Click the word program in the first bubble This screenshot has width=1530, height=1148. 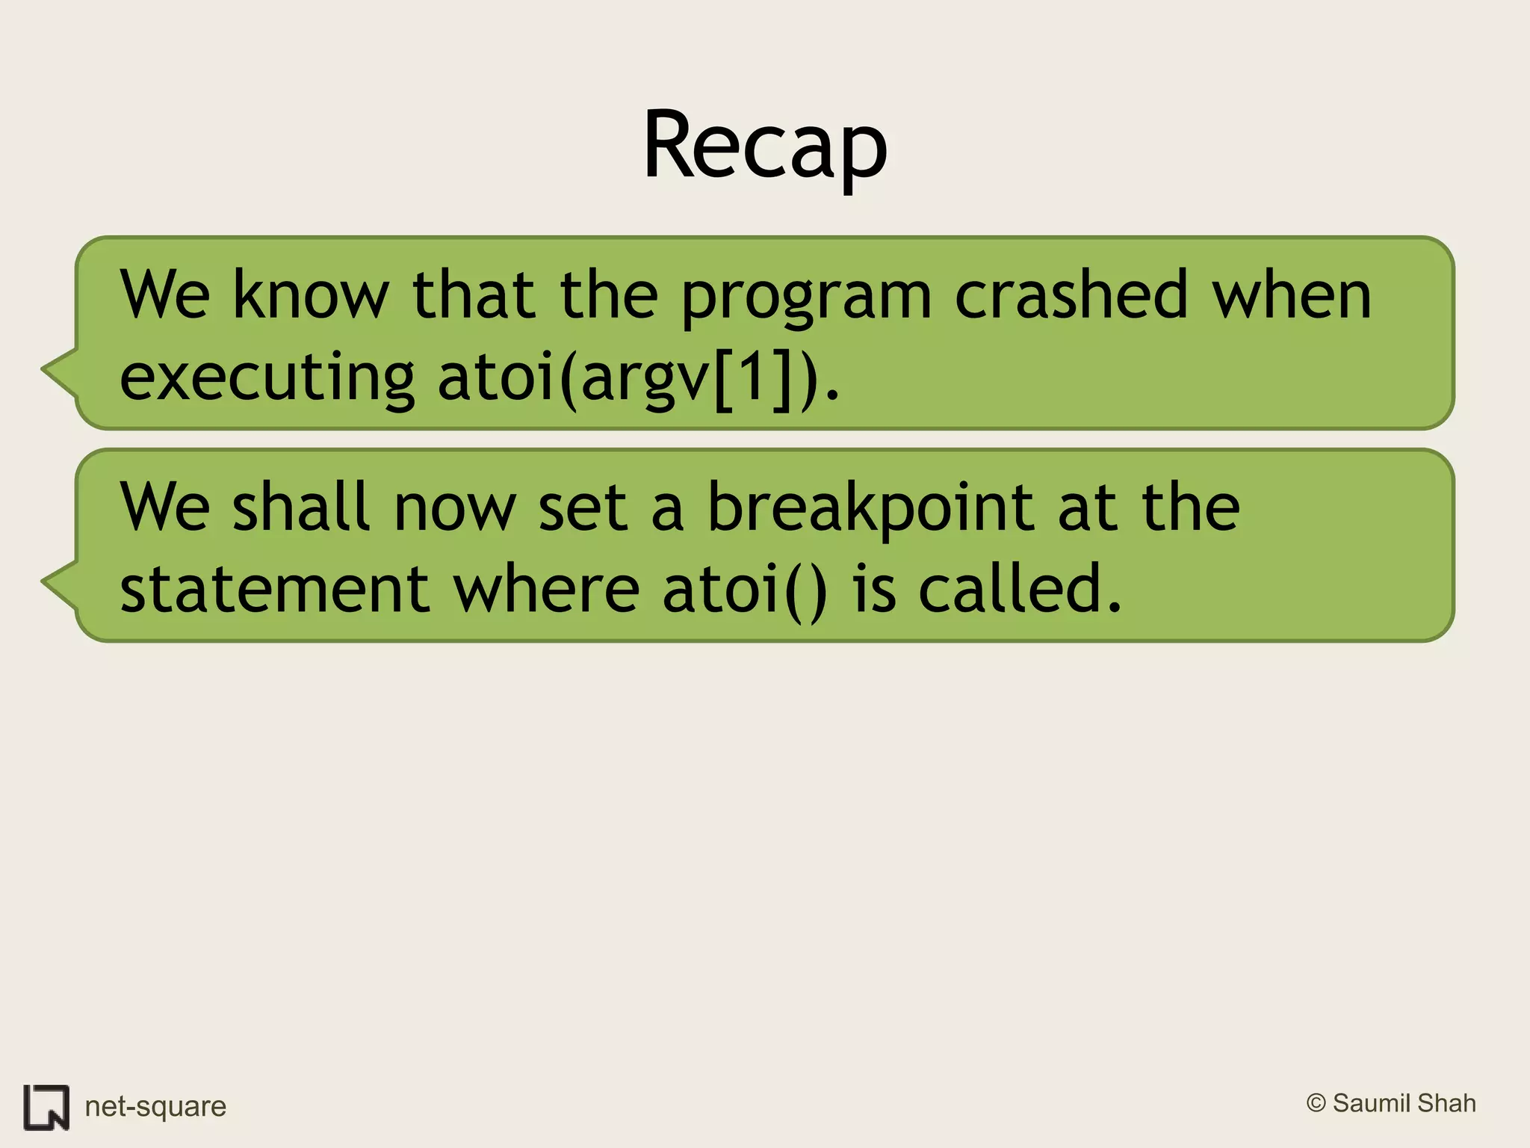pos(806,297)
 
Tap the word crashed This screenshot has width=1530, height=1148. pos(1071,294)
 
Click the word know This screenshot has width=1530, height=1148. pos(311,294)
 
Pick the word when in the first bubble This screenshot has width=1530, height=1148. pos(1291,294)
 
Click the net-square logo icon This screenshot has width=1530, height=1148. pos(46,1107)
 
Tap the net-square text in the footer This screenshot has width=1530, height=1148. pos(155,1107)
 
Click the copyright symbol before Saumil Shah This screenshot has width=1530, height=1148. pos(1316,1103)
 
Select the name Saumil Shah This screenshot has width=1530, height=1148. pos(1404,1103)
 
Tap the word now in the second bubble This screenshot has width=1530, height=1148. pos(455,508)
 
